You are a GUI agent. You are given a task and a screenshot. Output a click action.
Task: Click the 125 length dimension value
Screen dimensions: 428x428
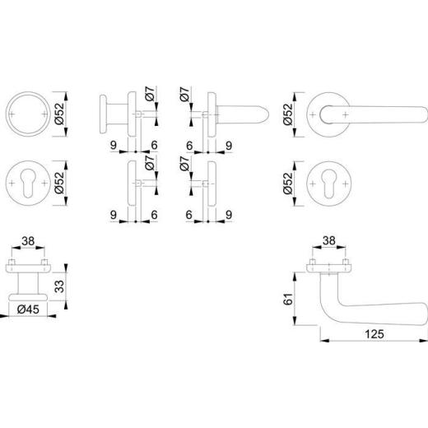tap(374, 334)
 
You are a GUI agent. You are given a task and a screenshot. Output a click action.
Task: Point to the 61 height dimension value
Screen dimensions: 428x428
tap(288, 299)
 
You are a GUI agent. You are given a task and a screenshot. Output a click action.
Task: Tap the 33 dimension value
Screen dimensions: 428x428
tap(59, 286)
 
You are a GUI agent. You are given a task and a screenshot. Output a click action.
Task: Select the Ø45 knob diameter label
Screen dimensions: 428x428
tap(28, 309)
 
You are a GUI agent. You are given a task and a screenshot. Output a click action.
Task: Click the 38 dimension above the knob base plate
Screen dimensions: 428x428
tap(28, 241)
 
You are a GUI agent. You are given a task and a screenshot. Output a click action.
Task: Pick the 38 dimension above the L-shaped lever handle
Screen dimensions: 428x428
tap(329, 240)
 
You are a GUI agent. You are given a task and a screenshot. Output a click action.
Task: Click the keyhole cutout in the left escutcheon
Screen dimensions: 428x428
tap(28, 183)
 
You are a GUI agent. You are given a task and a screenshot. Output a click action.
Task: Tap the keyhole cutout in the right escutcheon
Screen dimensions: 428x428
tap(329, 184)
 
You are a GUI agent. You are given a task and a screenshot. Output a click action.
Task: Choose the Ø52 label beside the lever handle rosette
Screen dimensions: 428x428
tap(288, 114)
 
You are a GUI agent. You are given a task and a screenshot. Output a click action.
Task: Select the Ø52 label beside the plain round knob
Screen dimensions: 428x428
tap(59, 114)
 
